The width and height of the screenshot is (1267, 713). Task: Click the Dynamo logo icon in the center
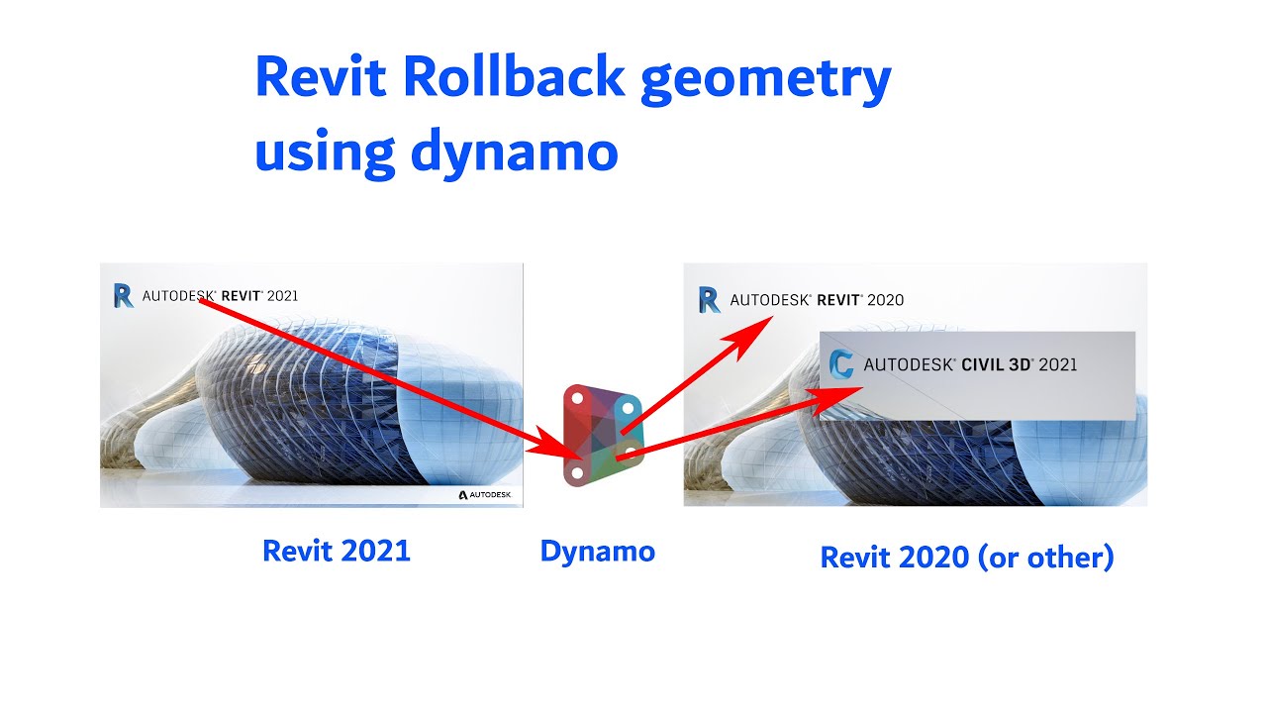coord(602,436)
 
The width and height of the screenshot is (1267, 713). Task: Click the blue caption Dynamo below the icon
coord(597,552)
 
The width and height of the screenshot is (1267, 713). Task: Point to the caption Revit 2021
coord(336,552)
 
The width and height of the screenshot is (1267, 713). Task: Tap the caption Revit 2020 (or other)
coord(967,558)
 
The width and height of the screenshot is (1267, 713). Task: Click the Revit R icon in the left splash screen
coord(123,295)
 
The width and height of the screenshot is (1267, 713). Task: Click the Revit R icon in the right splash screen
coord(709,300)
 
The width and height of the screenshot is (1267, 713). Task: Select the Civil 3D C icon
coord(841,364)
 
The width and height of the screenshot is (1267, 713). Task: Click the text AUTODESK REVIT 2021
coord(220,295)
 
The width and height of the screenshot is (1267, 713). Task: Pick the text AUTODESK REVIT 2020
coord(817,300)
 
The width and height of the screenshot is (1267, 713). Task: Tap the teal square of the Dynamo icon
coord(626,408)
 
